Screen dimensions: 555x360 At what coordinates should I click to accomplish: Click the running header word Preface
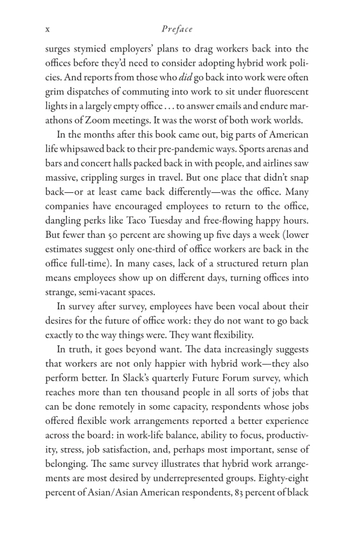177,29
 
